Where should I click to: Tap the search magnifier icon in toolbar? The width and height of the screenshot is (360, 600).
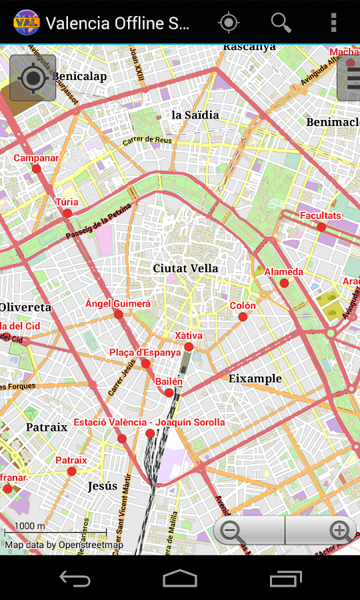click(x=281, y=23)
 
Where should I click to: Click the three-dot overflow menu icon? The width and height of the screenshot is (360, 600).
click(x=333, y=23)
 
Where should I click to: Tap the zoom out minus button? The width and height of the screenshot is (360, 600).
click(x=231, y=531)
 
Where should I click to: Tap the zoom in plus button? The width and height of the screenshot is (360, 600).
click(x=340, y=531)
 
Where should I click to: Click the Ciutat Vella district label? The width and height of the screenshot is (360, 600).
click(x=185, y=269)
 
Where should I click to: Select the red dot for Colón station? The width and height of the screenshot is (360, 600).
click(x=243, y=317)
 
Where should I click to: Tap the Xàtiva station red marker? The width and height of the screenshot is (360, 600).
click(x=189, y=347)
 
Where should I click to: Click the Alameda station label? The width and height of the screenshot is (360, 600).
click(x=283, y=272)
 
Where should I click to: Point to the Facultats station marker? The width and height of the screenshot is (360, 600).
click(x=321, y=227)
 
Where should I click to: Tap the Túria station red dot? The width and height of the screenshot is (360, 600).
click(x=67, y=213)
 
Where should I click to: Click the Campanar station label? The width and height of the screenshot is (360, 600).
click(x=36, y=158)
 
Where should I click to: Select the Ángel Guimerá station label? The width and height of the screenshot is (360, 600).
click(x=118, y=304)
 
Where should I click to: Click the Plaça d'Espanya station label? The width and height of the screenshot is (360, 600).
click(x=145, y=352)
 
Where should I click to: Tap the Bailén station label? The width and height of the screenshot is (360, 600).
click(x=169, y=381)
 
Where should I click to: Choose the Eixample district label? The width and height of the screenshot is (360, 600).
click(x=255, y=378)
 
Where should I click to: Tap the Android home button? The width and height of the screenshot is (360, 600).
click(x=180, y=578)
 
